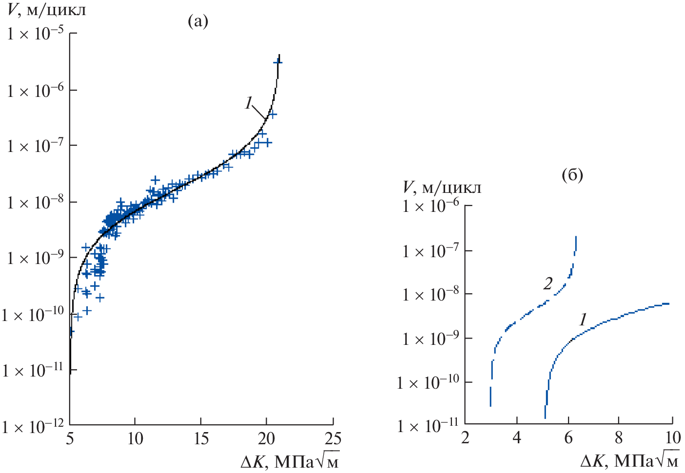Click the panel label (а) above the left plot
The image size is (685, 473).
click(198, 21)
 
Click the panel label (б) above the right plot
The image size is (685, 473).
click(572, 175)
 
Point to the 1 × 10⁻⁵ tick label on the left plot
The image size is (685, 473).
click(35, 34)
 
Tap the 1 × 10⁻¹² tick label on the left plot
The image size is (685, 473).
click(33, 427)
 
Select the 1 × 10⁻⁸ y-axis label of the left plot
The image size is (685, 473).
click(35, 202)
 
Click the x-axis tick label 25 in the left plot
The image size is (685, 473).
click(333, 439)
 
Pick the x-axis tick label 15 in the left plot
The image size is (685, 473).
click(201, 439)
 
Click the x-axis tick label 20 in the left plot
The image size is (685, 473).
click(266, 439)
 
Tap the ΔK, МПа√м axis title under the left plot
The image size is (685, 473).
click(290, 461)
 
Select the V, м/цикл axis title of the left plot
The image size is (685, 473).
click(46, 10)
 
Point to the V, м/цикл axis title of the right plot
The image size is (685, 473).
click(442, 188)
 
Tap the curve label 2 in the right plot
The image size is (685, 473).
click(548, 284)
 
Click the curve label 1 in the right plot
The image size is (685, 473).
click(582, 320)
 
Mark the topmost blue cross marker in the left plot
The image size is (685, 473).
click(278, 62)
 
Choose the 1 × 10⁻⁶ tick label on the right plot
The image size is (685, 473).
click(430, 207)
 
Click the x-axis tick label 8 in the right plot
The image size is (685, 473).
click(619, 438)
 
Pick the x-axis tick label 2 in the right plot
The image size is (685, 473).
click(465, 438)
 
